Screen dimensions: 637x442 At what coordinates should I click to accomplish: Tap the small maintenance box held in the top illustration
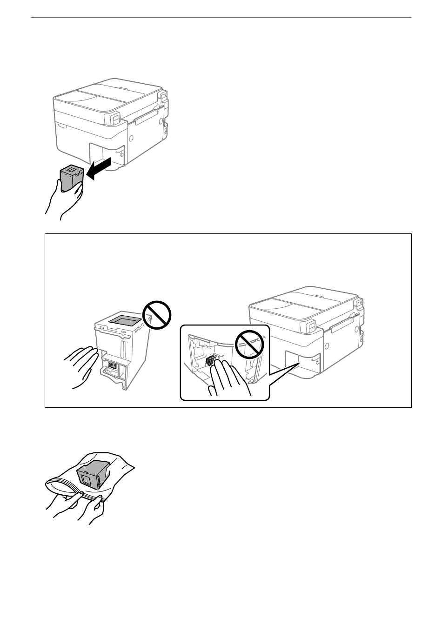click(x=71, y=178)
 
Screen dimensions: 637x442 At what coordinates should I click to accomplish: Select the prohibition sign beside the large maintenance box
click(x=157, y=315)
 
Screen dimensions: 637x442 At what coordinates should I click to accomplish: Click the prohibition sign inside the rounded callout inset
click(x=250, y=344)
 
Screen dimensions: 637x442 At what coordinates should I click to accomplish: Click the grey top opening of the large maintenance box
click(x=124, y=320)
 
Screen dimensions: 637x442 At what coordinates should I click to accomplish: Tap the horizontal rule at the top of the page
click(x=221, y=18)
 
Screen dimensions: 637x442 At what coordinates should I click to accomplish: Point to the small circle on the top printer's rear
click(x=131, y=138)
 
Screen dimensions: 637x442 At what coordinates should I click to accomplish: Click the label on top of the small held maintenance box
click(x=71, y=171)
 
